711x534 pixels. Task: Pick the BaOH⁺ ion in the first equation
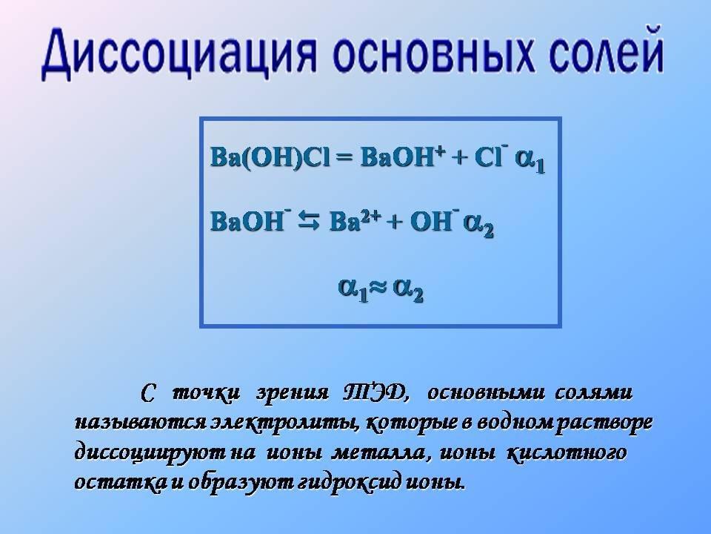point(401,156)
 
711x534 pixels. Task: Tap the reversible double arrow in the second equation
point(309,222)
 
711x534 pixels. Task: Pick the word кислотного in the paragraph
point(567,452)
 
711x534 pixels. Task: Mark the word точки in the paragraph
point(207,393)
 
